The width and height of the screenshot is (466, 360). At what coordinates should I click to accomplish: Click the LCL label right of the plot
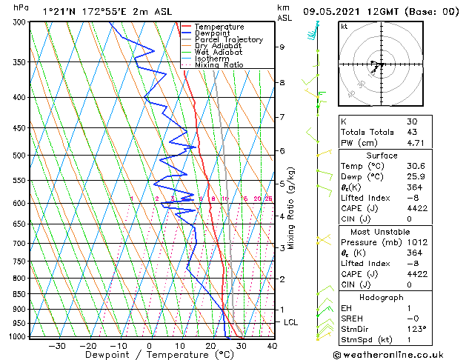[x=291, y=323]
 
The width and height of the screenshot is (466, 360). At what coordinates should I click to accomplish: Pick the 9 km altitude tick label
[x=282, y=47]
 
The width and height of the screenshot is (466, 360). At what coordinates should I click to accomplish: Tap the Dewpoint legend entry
[x=213, y=33]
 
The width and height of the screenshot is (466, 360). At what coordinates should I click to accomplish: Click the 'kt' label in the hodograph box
[x=344, y=27]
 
